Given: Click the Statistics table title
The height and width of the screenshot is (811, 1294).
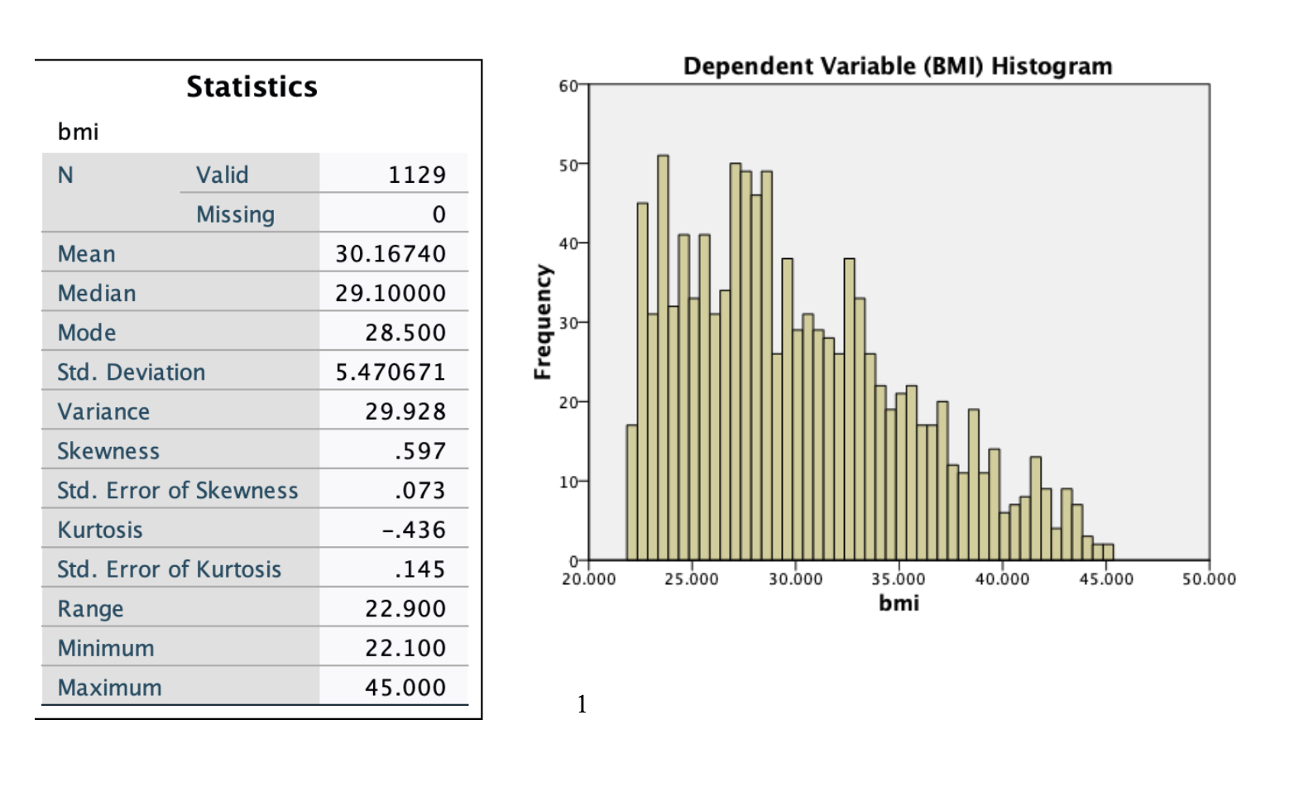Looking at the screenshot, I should [252, 87].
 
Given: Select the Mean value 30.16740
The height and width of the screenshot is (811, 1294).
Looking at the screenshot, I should [391, 253].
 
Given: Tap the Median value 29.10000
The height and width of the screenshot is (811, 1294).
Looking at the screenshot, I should [391, 293].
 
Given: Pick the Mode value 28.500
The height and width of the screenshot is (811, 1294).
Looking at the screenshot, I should [405, 333].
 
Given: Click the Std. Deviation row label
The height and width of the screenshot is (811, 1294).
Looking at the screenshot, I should [131, 372].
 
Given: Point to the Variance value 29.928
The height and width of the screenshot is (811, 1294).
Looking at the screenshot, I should [405, 411].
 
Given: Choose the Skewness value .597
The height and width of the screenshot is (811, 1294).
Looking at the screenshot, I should [420, 451].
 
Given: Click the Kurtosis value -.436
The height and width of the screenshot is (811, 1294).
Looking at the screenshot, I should [414, 530].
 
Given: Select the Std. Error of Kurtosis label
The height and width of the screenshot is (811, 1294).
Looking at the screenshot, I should [169, 569].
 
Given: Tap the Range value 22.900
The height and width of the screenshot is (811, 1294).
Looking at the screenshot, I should [405, 608].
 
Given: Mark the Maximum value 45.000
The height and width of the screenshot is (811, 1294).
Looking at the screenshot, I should [405, 687].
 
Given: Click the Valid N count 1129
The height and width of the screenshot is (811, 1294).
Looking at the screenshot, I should [417, 175].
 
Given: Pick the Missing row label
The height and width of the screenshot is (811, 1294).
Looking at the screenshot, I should [235, 214].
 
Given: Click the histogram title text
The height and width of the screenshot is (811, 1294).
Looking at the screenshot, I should [898, 66].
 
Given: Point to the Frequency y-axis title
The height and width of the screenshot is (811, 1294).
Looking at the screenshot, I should [543, 322].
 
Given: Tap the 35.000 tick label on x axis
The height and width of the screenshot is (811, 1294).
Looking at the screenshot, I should [899, 579].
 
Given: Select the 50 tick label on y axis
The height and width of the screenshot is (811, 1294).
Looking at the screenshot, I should [568, 165].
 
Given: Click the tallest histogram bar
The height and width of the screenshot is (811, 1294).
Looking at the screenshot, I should [663, 356].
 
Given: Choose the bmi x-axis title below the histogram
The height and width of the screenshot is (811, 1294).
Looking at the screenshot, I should [899, 603].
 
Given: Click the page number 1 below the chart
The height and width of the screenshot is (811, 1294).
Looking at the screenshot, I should [582, 704].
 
